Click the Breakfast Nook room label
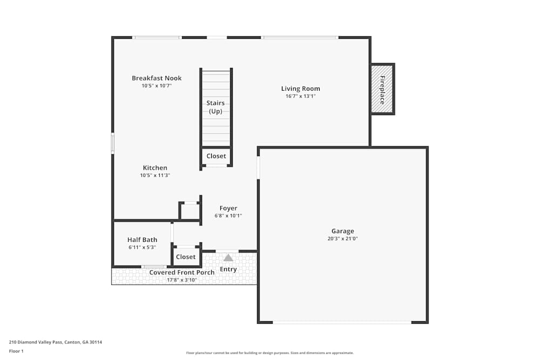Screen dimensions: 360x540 [x=157, y=78]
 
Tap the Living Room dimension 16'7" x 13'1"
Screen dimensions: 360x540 [x=300, y=97]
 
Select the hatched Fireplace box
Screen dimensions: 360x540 [x=382, y=89]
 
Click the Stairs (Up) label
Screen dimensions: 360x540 [x=215, y=107]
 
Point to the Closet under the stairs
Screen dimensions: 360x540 [x=216, y=156]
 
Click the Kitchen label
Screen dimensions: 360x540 [x=155, y=168]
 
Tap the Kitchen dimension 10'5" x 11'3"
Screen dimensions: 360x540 [x=155, y=175]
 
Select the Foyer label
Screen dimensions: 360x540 [x=228, y=208]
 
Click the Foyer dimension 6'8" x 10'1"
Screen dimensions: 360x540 [x=228, y=216]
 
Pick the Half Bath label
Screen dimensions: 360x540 [x=142, y=240]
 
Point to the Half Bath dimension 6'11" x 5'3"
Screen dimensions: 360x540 [x=142, y=247]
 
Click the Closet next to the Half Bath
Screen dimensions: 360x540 [x=186, y=257]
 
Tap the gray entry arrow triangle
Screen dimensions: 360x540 [x=228, y=257]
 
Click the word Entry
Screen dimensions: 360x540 [x=228, y=269]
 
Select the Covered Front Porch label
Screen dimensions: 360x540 [x=181, y=273]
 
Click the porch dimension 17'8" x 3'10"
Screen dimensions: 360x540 [x=181, y=280]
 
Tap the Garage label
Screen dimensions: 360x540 [x=342, y=231]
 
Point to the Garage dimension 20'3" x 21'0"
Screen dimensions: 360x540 [x=342, y=239]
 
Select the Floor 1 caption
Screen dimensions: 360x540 [x=16, y=351]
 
